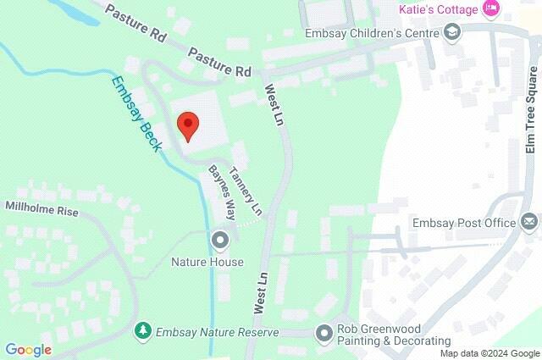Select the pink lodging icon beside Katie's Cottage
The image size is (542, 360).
490,8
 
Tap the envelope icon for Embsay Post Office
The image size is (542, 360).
528,222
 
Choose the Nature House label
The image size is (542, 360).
207,262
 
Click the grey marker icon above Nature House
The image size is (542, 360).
221,241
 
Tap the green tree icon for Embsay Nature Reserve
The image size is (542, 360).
144,330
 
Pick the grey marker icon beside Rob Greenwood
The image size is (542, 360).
322,333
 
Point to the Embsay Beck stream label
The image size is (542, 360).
136,114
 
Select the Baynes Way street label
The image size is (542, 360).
223,191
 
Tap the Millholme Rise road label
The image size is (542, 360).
41,207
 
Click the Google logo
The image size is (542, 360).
28,349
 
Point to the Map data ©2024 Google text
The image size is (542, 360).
489,353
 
